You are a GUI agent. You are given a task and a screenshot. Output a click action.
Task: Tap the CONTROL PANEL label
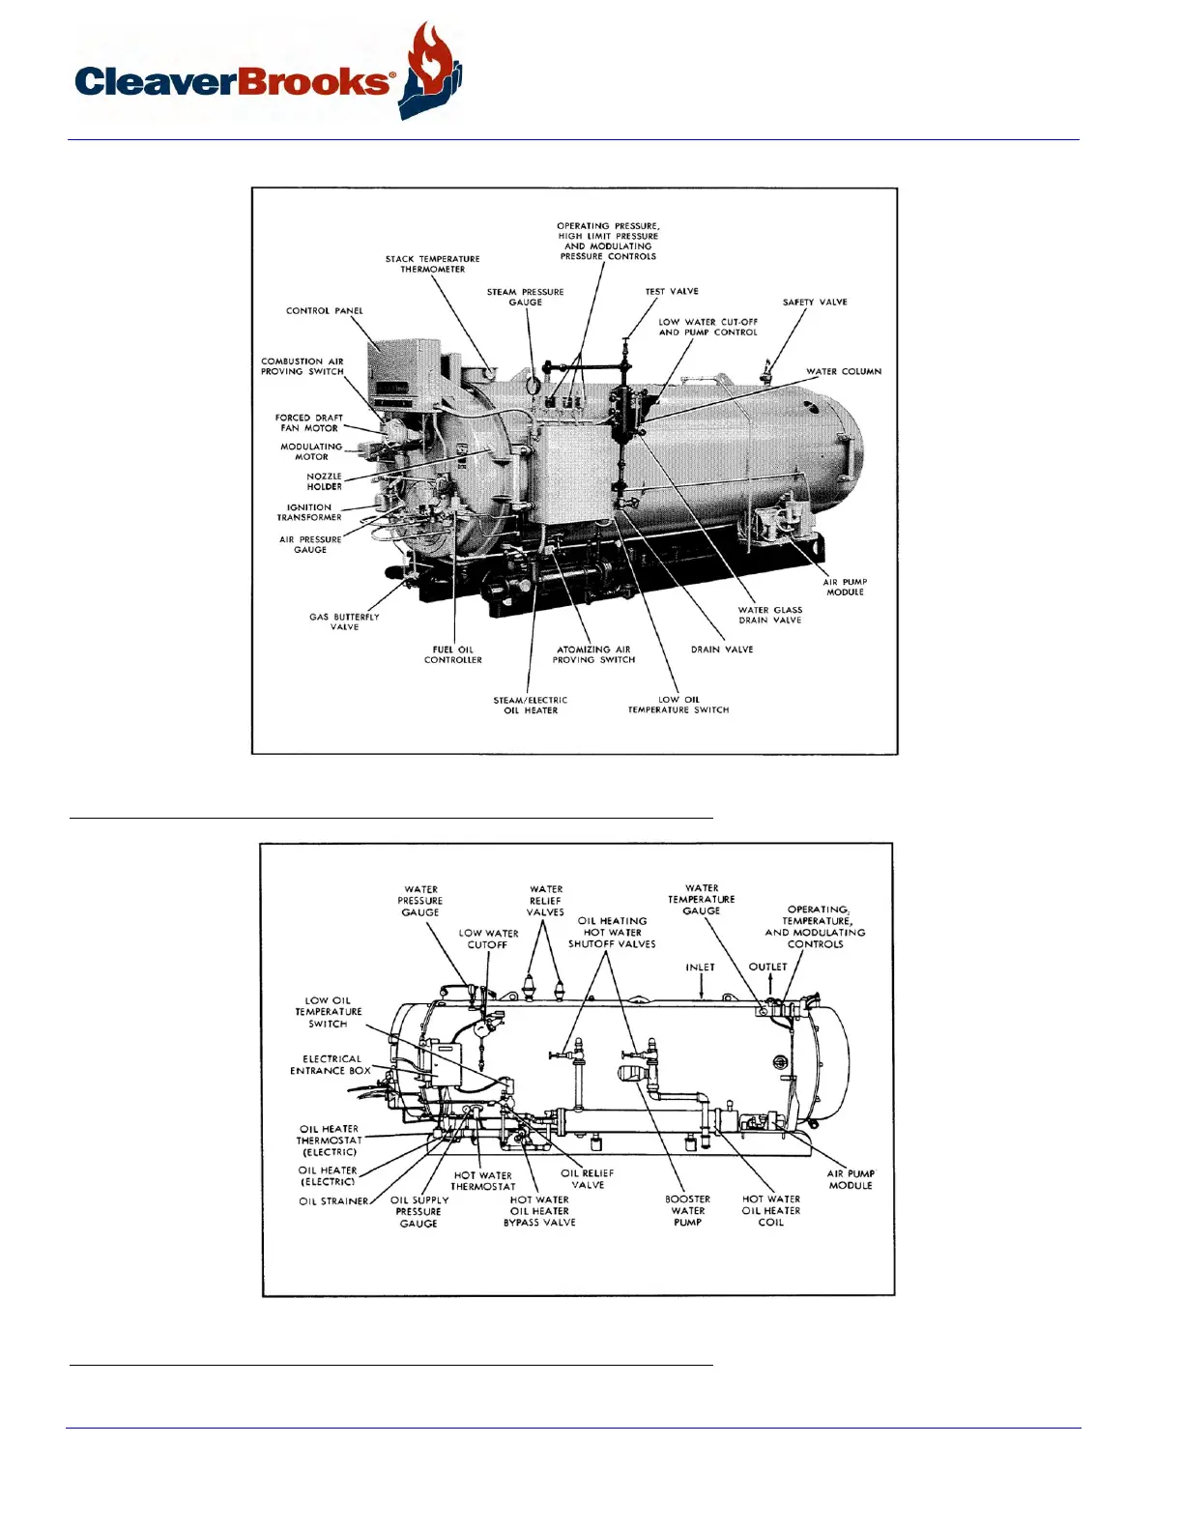pos(324,311)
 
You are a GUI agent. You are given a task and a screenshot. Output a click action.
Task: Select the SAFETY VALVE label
pos(815,303)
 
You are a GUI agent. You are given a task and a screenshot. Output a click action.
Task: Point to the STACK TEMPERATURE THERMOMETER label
pos(432,264)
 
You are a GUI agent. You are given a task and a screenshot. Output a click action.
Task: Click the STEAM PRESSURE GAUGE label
pos(525,297)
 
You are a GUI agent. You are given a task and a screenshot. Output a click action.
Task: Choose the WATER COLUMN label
pos(844,371)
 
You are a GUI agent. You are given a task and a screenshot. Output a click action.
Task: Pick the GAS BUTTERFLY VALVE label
pos(344,621)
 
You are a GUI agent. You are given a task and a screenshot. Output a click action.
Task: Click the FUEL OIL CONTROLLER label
pos(452,654)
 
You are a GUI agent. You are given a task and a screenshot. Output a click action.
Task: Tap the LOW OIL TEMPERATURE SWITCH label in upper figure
pos(678,705)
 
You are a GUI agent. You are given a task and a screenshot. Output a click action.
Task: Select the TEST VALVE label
pos(672,291)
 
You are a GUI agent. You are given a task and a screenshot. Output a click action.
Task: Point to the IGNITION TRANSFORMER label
pos(309,512)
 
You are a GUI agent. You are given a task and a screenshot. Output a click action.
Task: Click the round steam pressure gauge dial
pos(533,384)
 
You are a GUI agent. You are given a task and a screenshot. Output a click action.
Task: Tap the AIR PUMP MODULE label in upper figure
pos(845,587)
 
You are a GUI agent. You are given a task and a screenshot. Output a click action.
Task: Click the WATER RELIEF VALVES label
pos(546,901)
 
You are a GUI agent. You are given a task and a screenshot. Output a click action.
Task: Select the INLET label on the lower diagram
pos(701,968)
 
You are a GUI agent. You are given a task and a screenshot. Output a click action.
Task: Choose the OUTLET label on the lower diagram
pos(768,967)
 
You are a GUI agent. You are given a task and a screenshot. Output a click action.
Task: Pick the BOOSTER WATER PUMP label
pos(687,1211)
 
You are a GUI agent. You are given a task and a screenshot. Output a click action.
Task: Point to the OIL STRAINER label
pos(333,1201)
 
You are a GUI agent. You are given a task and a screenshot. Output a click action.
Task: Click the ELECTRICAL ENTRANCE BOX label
pos(331,1065)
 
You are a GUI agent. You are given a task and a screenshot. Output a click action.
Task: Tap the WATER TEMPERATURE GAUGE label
pos(702,899)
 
